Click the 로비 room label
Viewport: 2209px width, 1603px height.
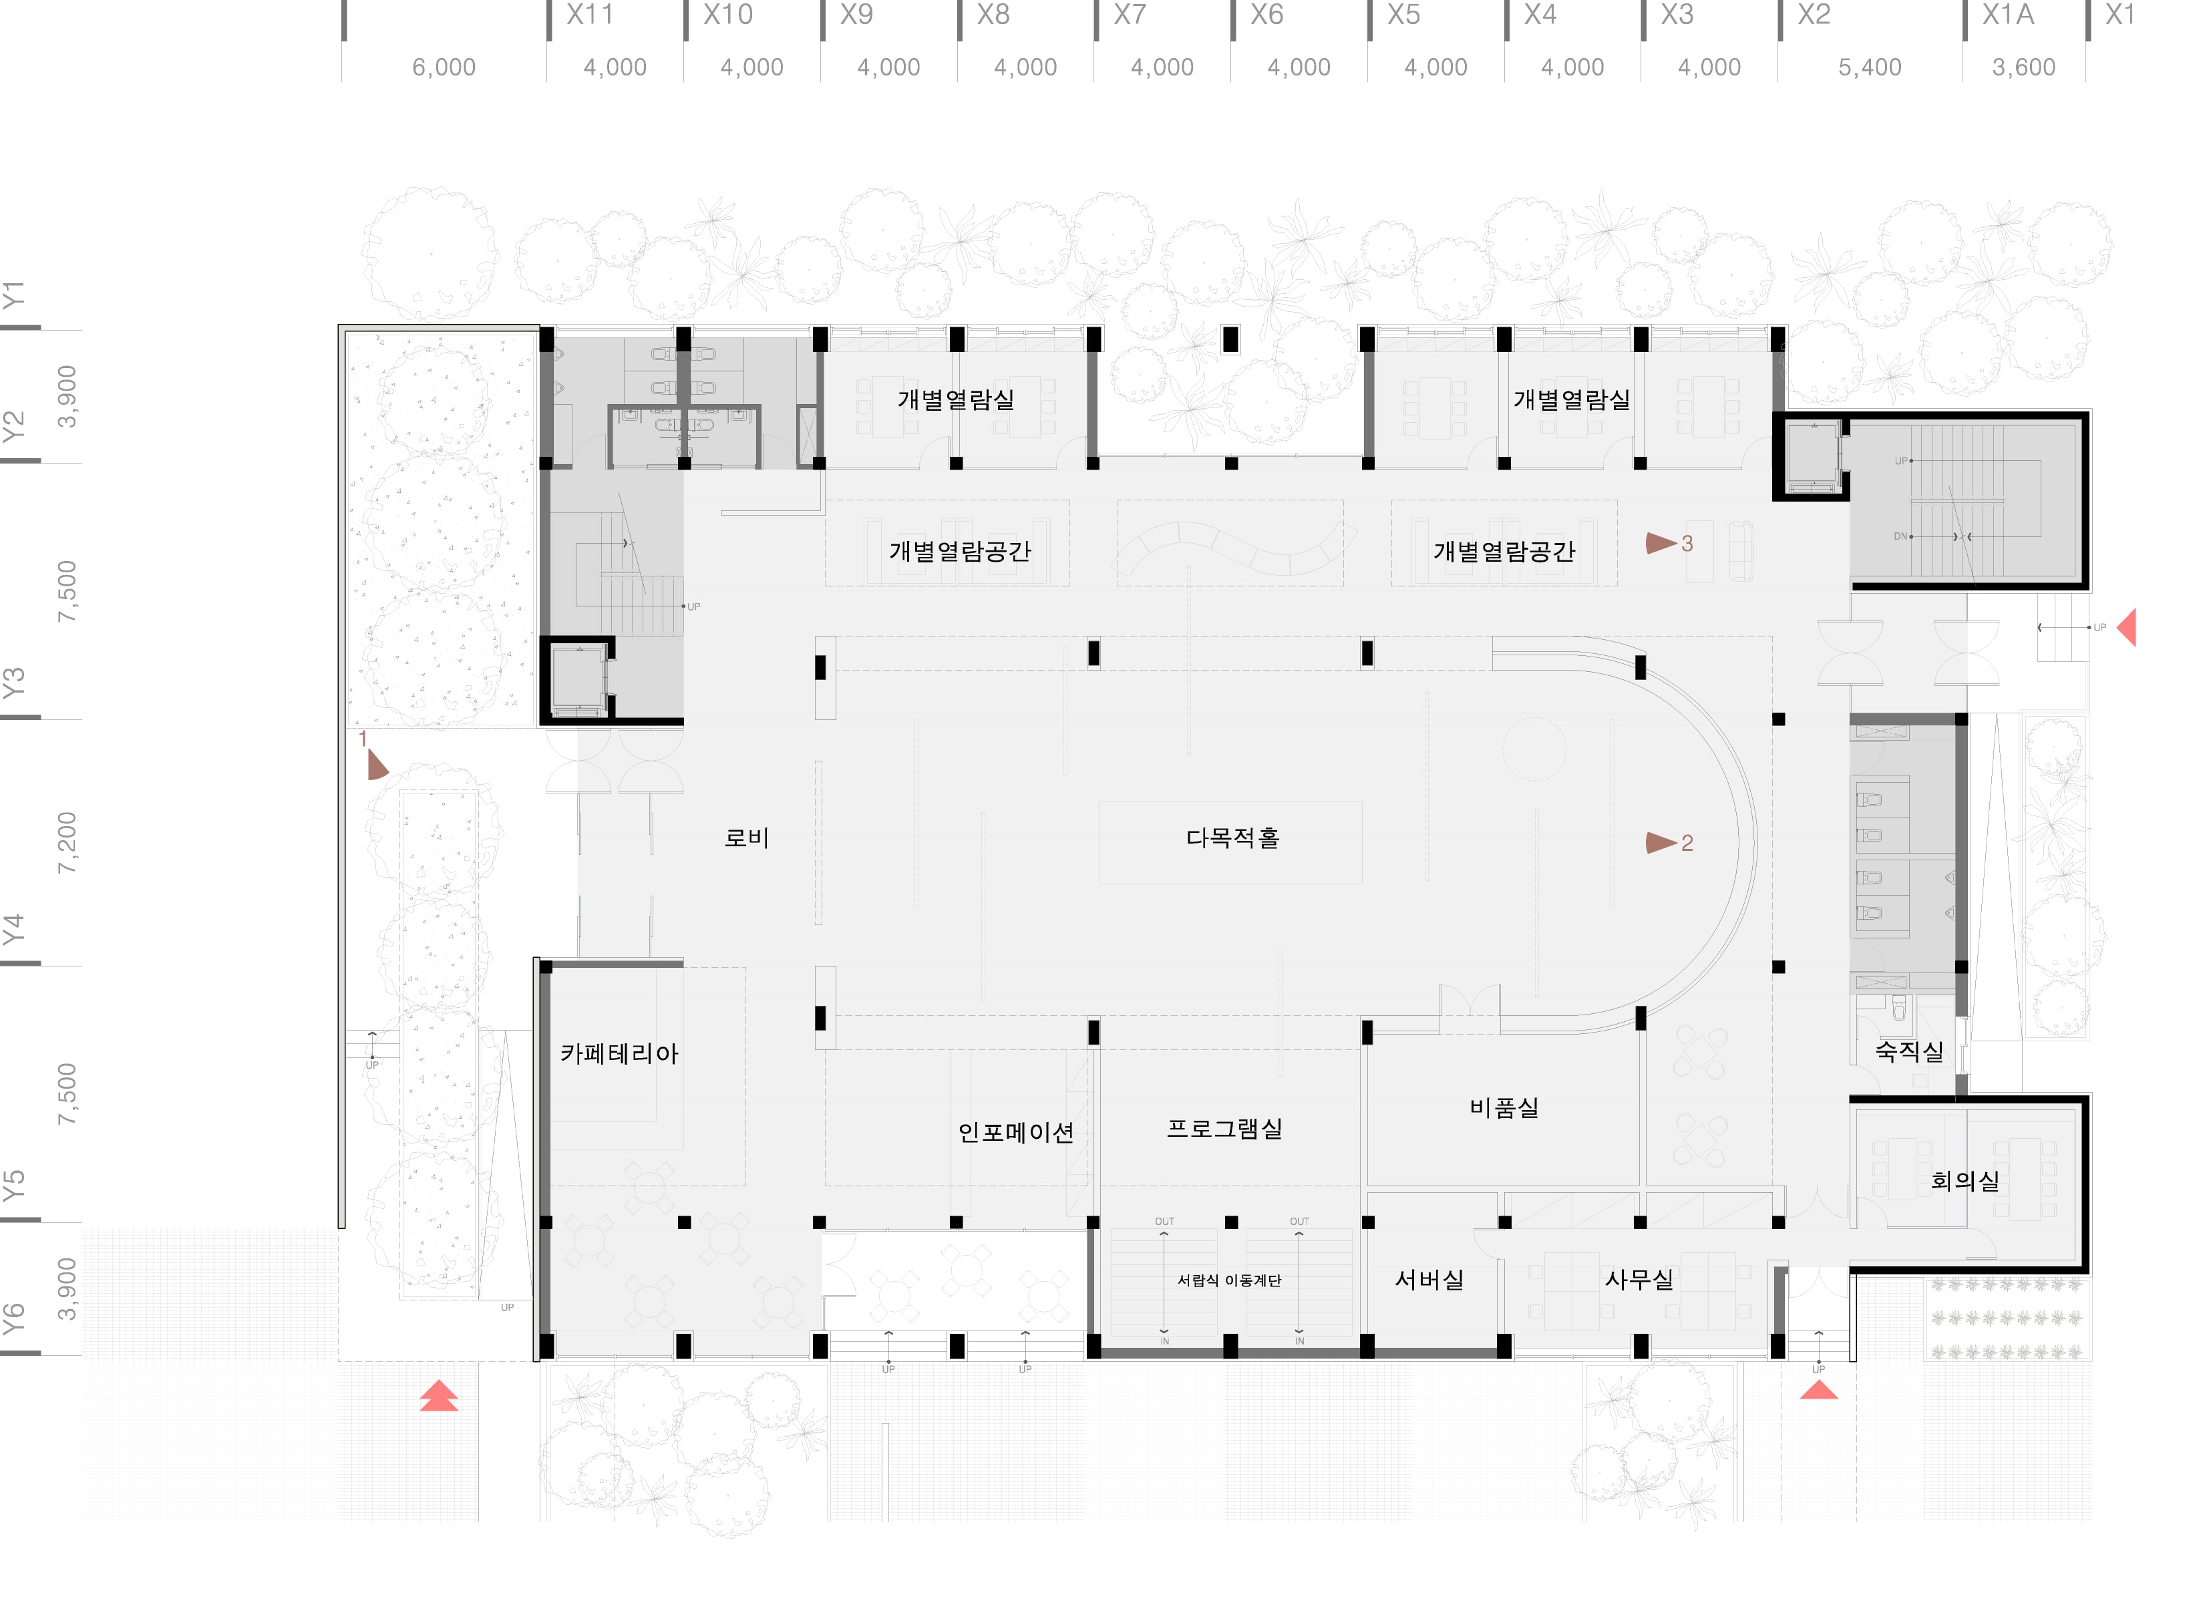click(x=746, y=838)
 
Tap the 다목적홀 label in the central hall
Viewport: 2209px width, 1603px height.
click(x=1232, y=838)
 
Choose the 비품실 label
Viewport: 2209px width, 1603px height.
click(x=1504, y=1108)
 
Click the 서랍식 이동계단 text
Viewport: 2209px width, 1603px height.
click(x=1229, y=1280)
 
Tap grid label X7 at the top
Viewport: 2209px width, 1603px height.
click(x=1130, y=15)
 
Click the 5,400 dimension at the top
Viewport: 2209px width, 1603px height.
click(x=1869, y=67)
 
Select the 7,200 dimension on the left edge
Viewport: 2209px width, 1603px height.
click(x=66, y=842)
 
